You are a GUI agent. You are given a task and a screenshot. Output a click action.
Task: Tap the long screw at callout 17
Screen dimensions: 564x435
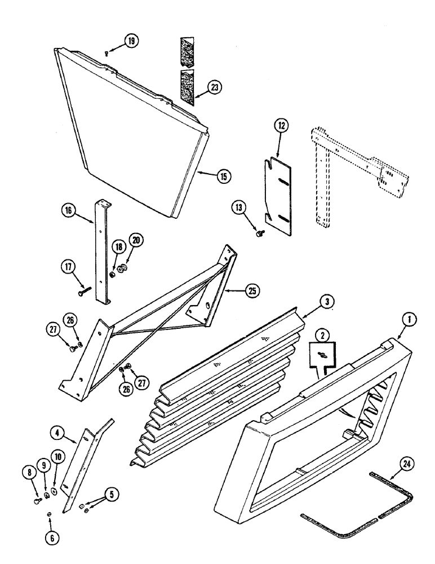[86, 292]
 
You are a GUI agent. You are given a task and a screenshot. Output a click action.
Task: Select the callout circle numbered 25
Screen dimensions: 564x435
[252, 291]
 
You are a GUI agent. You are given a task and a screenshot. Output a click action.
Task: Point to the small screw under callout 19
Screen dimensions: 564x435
[106, 53]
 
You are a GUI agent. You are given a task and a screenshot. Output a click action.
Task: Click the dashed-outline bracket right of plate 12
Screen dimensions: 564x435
[349, 169]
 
